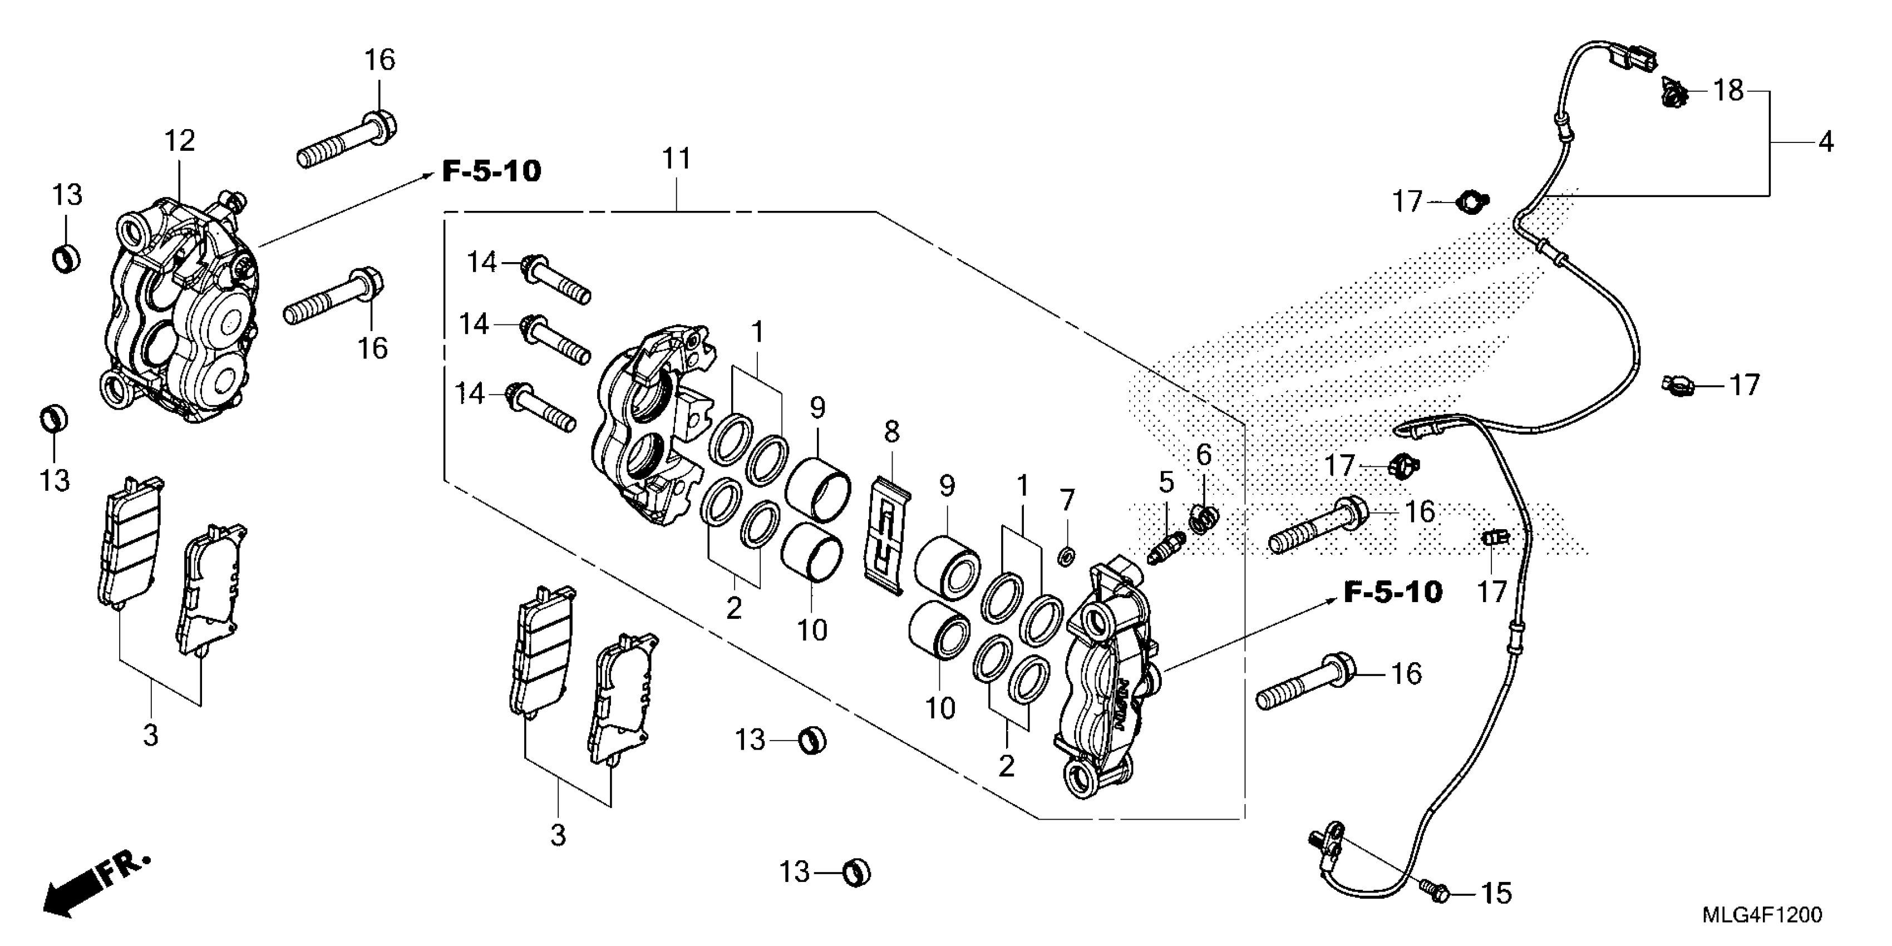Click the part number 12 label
[179, 140]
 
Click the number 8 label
[891, 432]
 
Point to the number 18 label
[1728, 91]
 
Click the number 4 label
[1826, 141]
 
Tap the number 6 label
[1203, 455]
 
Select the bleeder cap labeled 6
[1204, 519]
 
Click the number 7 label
[1066, 501]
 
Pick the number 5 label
[1166, 482]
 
